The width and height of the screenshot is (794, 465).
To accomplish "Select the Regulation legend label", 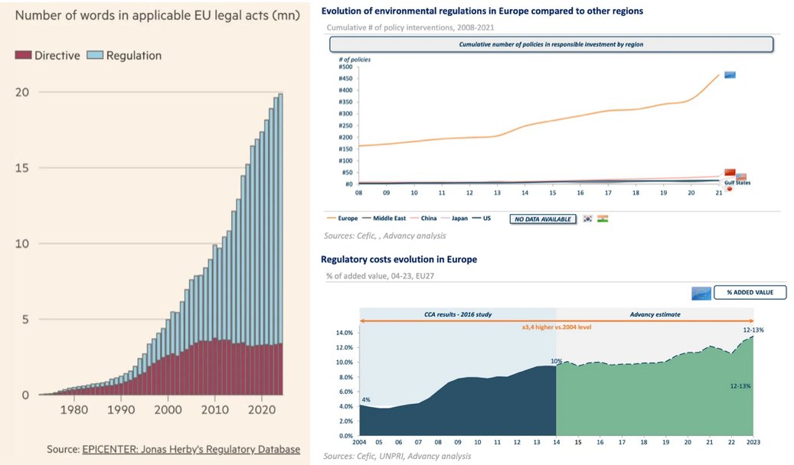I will tap(133, 55).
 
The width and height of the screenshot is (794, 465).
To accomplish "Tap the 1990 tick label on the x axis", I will tap(121, 409).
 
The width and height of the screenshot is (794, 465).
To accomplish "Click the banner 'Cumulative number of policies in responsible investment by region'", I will tap(551, 44).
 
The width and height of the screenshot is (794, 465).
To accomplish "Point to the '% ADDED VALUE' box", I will tap(750, 292).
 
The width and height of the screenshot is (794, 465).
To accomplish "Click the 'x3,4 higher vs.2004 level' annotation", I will tap(556, 327).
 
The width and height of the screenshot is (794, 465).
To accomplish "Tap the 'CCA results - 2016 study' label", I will tap(457, 314).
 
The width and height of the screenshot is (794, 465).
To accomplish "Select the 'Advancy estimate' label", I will tap(655, 314).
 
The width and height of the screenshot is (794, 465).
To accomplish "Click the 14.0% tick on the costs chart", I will tap(343, 333).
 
